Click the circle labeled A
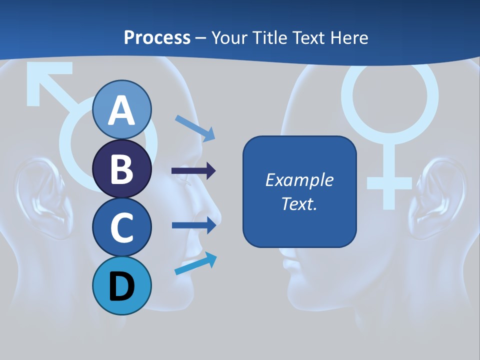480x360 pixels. tap(122, 109)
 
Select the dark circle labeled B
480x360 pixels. tap(122, 168)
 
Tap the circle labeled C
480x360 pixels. tap(122, 227)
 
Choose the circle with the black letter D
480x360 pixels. tap(122, 285)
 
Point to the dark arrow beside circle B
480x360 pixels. tap(193, 171)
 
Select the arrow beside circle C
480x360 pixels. tap(193, 225)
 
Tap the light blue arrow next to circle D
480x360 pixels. tap(195, 263)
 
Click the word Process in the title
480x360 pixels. tap(157, 37)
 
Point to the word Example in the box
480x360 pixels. tap(299, 180)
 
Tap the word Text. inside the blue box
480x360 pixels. tap(299, 203)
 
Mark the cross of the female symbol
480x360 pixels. tap(389, 182)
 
